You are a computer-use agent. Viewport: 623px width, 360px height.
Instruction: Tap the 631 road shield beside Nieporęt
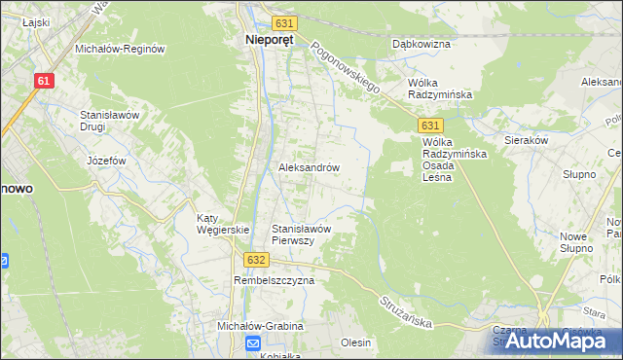[284, 22]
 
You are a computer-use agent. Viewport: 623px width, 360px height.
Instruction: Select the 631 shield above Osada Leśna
[432, 126]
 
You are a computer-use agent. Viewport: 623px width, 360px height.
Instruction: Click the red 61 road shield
[42, 82]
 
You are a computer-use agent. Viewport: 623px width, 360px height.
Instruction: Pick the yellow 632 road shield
[256, 261]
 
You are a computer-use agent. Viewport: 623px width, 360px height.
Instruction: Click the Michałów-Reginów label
[122, 48]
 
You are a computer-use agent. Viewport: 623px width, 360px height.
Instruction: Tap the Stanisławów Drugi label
[111, 121]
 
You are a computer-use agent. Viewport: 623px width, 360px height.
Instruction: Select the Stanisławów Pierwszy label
[303, 234]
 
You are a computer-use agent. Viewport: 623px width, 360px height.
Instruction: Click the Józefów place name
[108, 161]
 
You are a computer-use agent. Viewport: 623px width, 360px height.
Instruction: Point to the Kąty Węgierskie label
[224, 224]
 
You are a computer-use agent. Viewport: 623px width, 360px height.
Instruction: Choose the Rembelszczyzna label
[275, 280]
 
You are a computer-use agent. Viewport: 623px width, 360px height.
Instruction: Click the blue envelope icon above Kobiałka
[253, 342]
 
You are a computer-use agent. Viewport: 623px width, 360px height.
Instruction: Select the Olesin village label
[356, 343]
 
